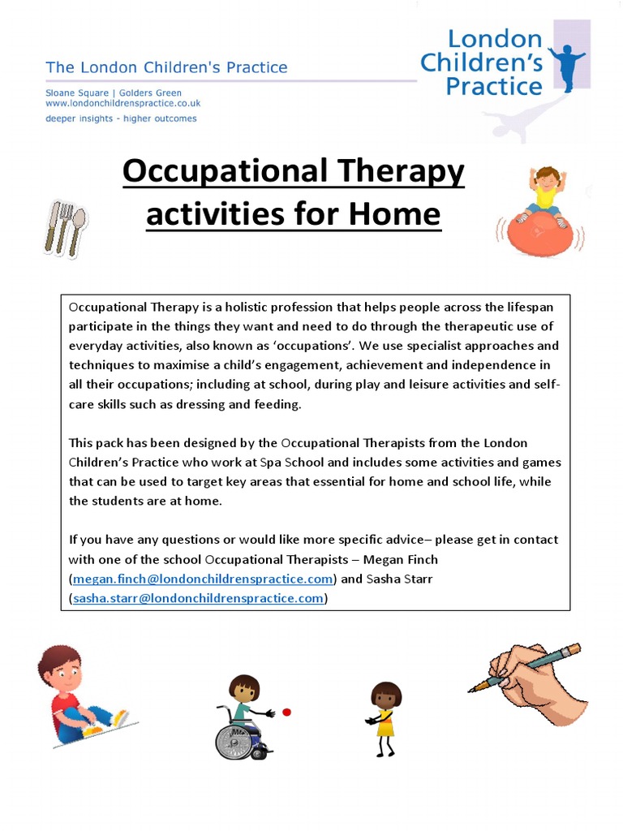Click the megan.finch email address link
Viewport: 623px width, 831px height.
coord(203,579)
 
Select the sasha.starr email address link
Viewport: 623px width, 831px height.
coord(199,598)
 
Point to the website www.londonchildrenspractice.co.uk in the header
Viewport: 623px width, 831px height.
coord(122,104)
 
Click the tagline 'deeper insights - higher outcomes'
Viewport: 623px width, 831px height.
coord(121,118)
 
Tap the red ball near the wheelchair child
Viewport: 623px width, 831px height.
coord(286,713)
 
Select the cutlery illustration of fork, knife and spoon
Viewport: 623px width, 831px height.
coord(64,227)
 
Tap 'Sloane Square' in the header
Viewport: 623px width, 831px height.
coord(75,93)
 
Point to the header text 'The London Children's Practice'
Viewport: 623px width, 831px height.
coord(166,67)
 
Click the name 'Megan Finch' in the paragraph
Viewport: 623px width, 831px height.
coord(402,559)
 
